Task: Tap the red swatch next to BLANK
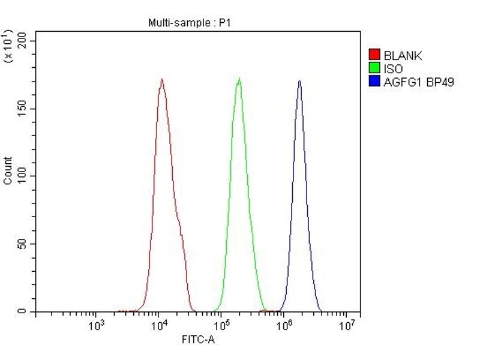tap(375, 56)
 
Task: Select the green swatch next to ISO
tap(375, 69)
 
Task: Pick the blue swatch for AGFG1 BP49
tap(375, 82)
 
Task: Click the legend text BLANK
tap(403, 56)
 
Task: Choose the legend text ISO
tap(394, 69)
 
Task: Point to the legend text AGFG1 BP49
tap(419, 82)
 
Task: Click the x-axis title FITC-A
tap(199, 340)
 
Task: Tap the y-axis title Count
tap(8, 170)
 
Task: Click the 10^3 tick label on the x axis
tap(96, 326)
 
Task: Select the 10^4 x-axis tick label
tap(158, 326)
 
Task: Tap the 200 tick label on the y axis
tap(23, 41)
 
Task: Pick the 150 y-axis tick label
tap(23, 109)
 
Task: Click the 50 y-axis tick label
tap(23, 244)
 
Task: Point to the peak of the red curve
tap(161, 79)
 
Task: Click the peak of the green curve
tap(239, 79)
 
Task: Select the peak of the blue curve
tap(299, 81)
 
